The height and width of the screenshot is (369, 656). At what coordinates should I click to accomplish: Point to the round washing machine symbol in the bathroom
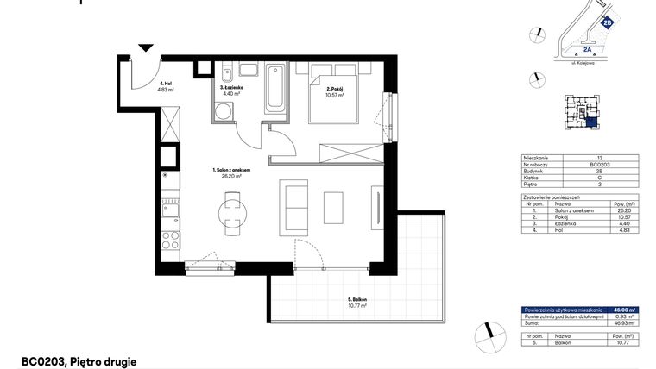coord(223,110)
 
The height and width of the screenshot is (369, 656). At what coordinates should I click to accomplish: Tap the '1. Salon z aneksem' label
coord(231,172)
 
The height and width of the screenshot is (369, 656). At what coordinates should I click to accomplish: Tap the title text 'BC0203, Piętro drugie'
coord(79,362)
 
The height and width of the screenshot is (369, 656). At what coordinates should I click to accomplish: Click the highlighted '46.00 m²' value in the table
coord(623,309)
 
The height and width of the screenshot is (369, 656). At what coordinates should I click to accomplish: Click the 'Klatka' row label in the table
coord(533,178)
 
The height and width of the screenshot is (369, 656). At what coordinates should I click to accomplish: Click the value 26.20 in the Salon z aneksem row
coord(624,209)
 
